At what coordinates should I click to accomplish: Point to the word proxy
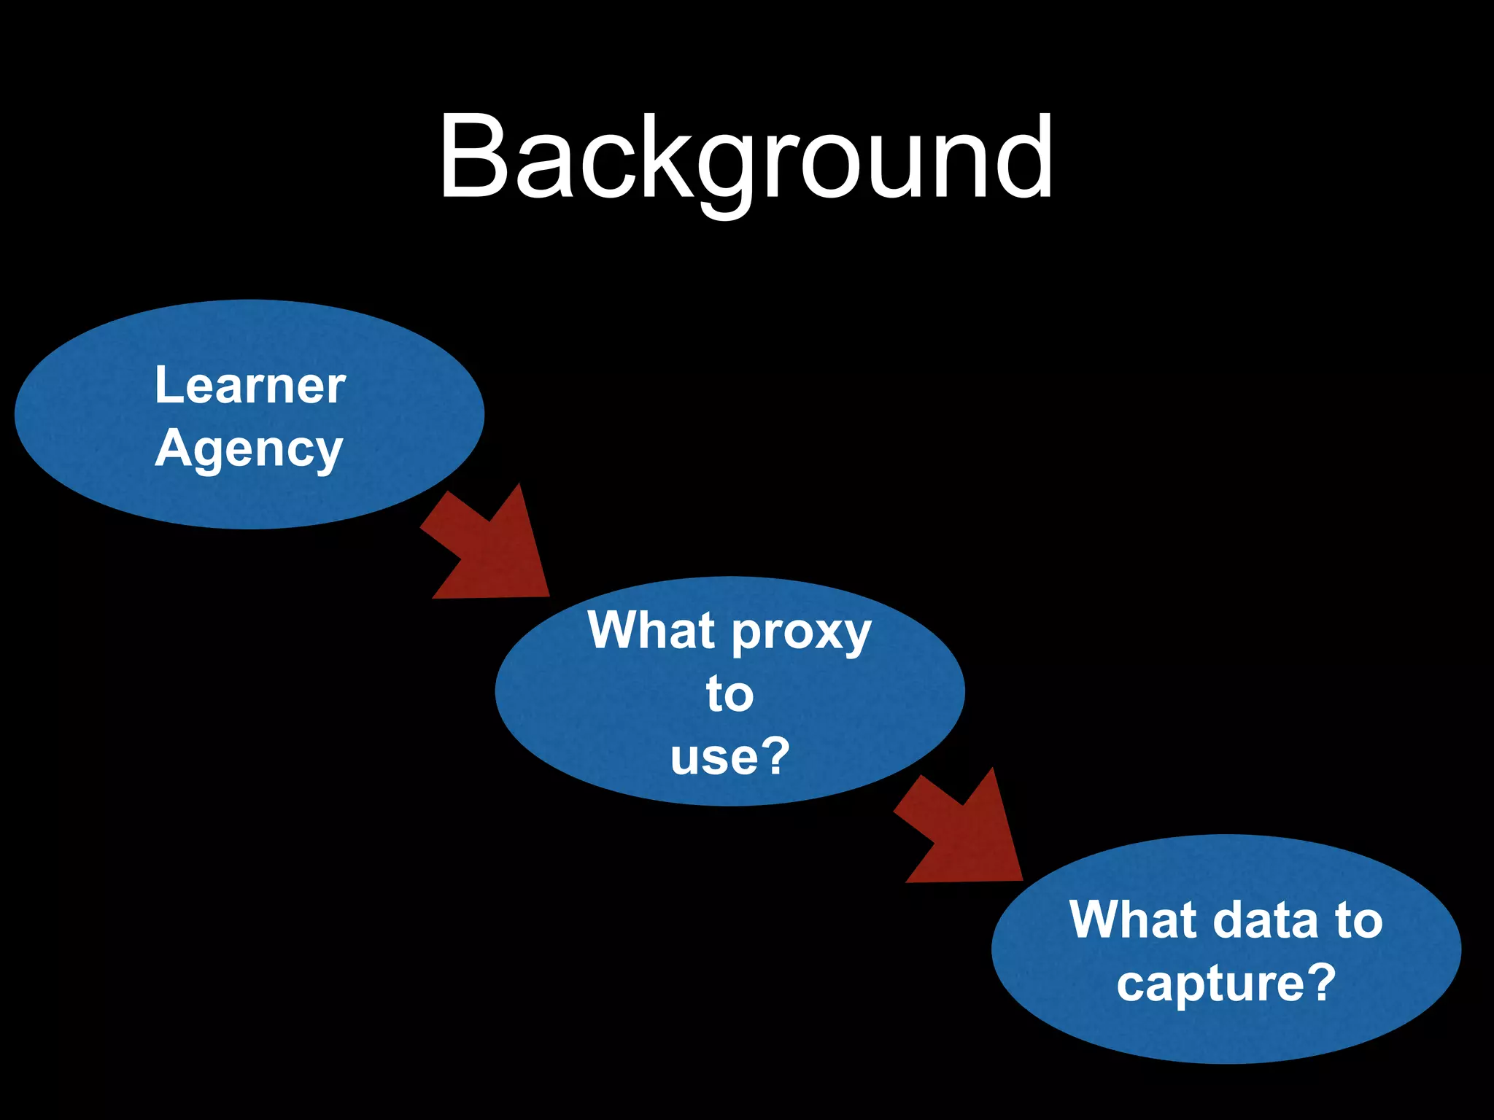(x=801, y=633)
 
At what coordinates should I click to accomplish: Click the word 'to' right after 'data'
(x=1359, y=920)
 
